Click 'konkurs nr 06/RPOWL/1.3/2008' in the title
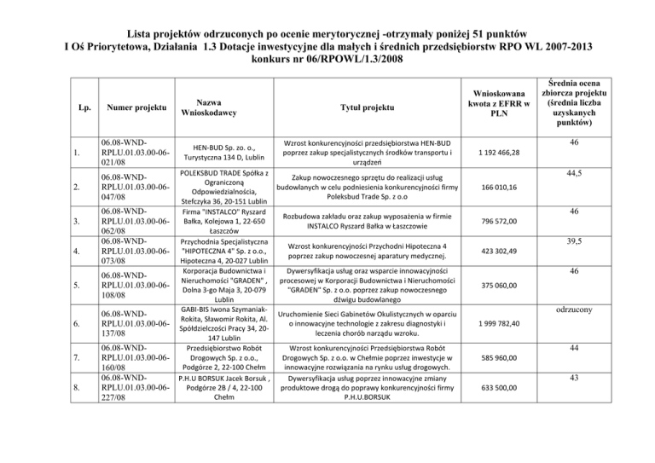[327, 61]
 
